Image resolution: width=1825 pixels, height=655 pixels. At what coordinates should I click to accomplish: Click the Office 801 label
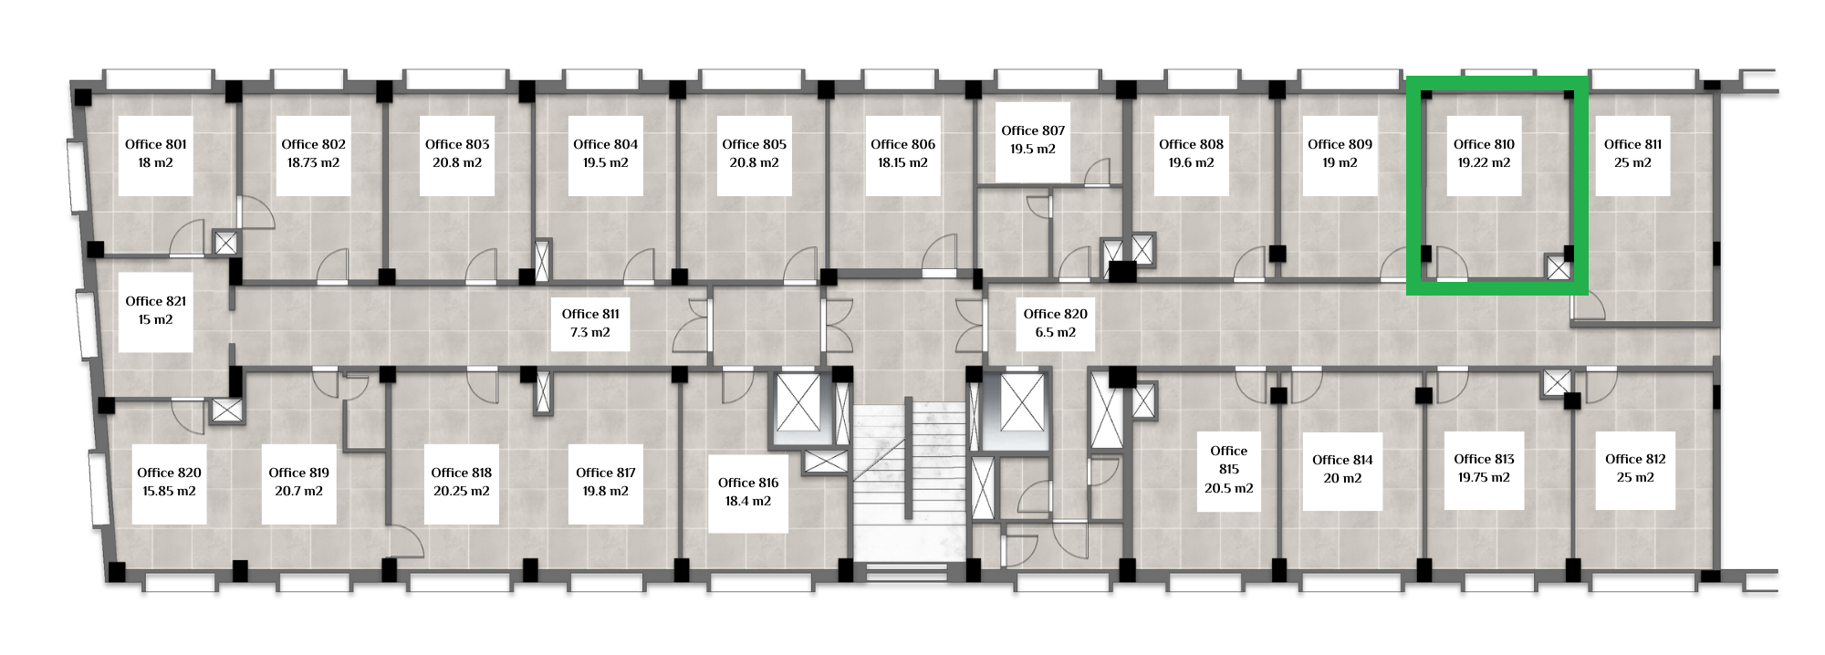[156, 144]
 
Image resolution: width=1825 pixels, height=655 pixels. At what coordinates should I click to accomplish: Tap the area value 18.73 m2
[313, 162]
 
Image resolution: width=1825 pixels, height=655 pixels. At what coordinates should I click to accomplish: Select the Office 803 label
[457, 144]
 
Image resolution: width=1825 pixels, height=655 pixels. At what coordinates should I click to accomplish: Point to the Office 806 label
[902, 144]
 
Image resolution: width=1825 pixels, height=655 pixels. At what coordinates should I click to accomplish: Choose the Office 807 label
[1033, 130]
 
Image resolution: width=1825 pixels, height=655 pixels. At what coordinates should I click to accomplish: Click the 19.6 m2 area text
[1191, 162]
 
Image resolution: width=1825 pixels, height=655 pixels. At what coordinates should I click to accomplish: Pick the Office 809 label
[1340, 144]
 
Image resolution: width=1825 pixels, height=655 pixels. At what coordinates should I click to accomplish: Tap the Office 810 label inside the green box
[1484, 144]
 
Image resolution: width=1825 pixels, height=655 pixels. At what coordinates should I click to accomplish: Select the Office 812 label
[1635, 459]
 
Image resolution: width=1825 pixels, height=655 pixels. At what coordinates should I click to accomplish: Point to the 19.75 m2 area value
[1484, 477]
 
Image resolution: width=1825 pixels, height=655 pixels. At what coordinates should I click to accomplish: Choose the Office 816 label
[748, 483]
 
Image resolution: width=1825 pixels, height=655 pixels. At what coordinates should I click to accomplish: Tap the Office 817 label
[606, 473]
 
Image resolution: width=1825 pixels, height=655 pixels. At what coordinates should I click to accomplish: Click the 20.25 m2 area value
[462, 491]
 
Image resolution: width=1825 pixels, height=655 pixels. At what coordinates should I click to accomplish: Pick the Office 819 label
[299, 473]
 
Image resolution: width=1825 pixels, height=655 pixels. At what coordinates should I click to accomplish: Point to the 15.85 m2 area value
[169, 491]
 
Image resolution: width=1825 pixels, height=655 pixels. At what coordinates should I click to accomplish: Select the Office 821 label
[156, 301]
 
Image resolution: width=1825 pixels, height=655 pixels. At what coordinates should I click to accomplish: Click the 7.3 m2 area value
[590, 332]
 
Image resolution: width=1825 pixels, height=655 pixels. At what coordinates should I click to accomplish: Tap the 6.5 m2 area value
[1056, 332]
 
